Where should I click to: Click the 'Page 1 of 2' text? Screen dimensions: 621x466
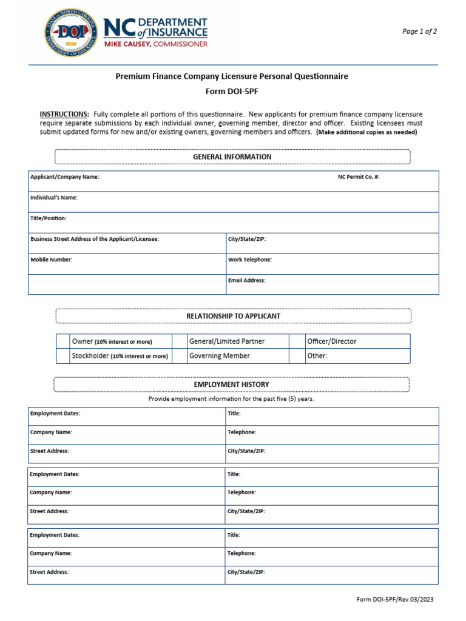419,32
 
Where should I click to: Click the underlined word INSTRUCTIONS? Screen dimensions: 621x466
64,114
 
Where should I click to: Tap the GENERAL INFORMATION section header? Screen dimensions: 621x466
232,156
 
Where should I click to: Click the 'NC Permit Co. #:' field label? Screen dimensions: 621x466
359,177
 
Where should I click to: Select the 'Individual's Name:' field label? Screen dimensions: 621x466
54,198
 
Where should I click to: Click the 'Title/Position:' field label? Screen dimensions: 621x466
49,218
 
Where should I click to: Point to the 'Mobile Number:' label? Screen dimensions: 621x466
52,260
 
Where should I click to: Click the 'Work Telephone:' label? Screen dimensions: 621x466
250,260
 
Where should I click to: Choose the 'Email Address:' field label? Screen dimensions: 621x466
247,281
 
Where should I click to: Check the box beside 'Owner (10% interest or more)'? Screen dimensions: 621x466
63,341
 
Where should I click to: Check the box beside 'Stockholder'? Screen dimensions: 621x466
63,356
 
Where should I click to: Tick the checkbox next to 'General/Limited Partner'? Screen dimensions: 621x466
180,341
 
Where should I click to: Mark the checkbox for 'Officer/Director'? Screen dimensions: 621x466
297,341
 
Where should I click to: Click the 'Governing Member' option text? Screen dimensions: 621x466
219,356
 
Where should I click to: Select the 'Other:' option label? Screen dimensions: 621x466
317,356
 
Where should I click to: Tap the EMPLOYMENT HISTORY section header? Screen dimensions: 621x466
232,384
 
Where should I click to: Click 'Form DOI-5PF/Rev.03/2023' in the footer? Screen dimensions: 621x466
395,600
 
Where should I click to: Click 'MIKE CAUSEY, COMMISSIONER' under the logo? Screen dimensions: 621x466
156,44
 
